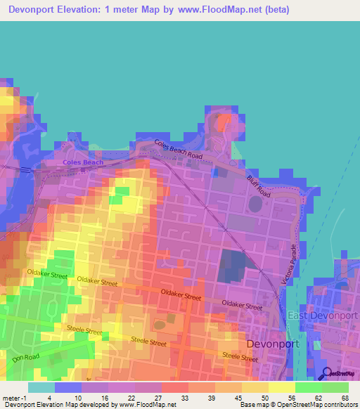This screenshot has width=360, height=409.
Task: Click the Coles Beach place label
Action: pyautogui.click(x=82, y=162)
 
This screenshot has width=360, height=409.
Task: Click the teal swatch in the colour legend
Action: pyautogui.click(x=41, y=387)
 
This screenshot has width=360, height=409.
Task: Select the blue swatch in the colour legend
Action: pyautogui.click(x=68, y=387)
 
